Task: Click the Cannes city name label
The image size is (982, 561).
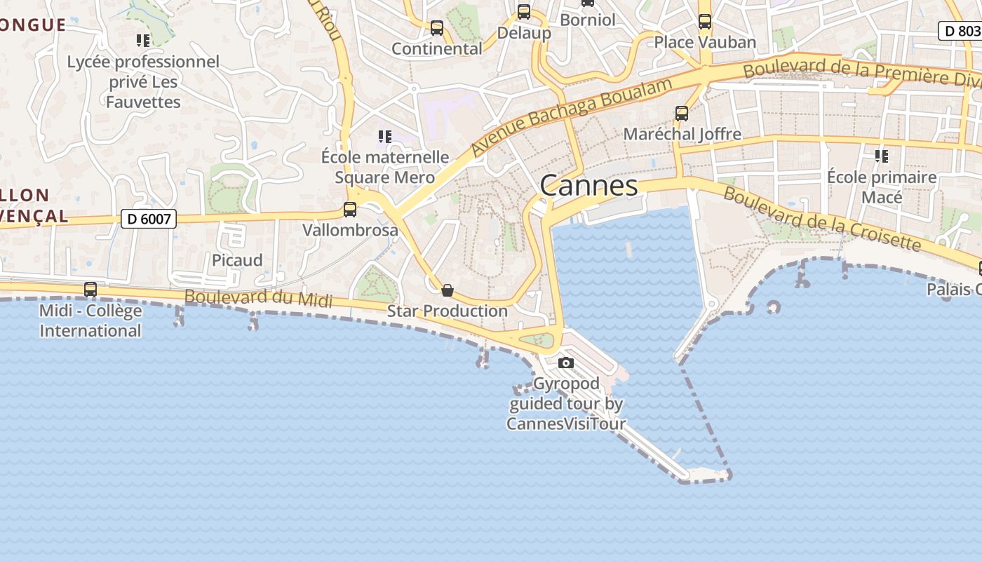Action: point(588,185)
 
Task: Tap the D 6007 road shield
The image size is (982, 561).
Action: point(148,219)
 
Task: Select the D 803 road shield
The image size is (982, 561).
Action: point(960,31)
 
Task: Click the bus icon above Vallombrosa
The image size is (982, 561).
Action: point(349,209)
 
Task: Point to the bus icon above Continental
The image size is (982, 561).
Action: point(436,28)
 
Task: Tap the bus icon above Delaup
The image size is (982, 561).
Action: point(523,12)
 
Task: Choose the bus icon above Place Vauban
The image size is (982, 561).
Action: point(704,22)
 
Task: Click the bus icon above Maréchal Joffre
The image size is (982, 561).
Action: point(681,113)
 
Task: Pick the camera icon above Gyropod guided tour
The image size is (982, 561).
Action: point(565,363)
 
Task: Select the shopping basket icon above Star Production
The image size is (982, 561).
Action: point(447,290)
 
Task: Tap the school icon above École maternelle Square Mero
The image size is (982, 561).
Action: point(384,136)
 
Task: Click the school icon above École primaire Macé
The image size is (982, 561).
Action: point(881,156)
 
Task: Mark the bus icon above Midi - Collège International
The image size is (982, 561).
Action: point(90,289)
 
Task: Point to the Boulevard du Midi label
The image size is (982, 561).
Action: point(258,297)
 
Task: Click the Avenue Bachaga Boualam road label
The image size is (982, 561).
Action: point(571,116)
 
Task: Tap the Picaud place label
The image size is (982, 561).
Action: point(237,260)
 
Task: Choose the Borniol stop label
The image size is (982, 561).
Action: point(587,20)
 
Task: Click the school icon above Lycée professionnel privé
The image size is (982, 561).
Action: point(143,41)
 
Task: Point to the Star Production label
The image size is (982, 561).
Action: point(447,311)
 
